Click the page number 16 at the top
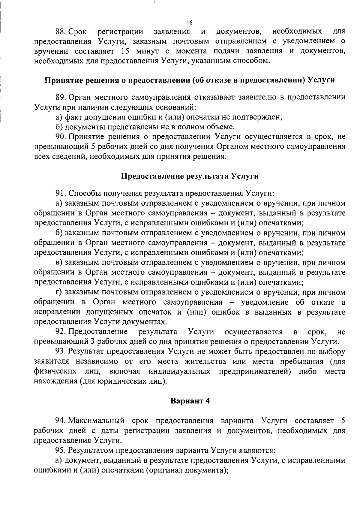(189, 23)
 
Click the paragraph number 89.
(61, 97)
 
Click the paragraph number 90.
(61, 137)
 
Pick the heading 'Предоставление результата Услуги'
(190, 176)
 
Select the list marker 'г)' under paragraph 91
(59, 292)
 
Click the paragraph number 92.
(61, 332)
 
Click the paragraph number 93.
(61, 352)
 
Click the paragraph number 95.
(61, 451)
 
